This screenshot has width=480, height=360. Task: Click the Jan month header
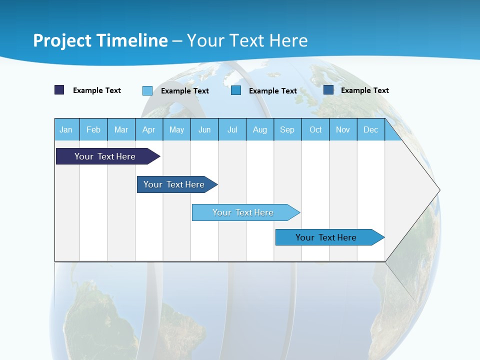66,129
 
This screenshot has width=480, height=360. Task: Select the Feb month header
93,129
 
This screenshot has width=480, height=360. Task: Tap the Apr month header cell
149,129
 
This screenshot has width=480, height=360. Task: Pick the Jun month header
204,129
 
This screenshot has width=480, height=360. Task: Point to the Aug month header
260,129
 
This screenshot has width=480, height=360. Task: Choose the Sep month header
287,129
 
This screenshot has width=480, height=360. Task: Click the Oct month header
315,129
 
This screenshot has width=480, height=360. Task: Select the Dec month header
371,129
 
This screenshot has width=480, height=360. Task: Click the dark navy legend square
59,90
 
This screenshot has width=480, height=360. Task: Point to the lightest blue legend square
147,90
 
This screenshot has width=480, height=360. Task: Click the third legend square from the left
236,90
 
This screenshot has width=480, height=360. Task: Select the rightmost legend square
328,90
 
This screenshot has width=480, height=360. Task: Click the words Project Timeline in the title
100,40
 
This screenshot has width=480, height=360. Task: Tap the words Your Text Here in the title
247,40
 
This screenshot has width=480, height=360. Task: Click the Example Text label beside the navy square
97,90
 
